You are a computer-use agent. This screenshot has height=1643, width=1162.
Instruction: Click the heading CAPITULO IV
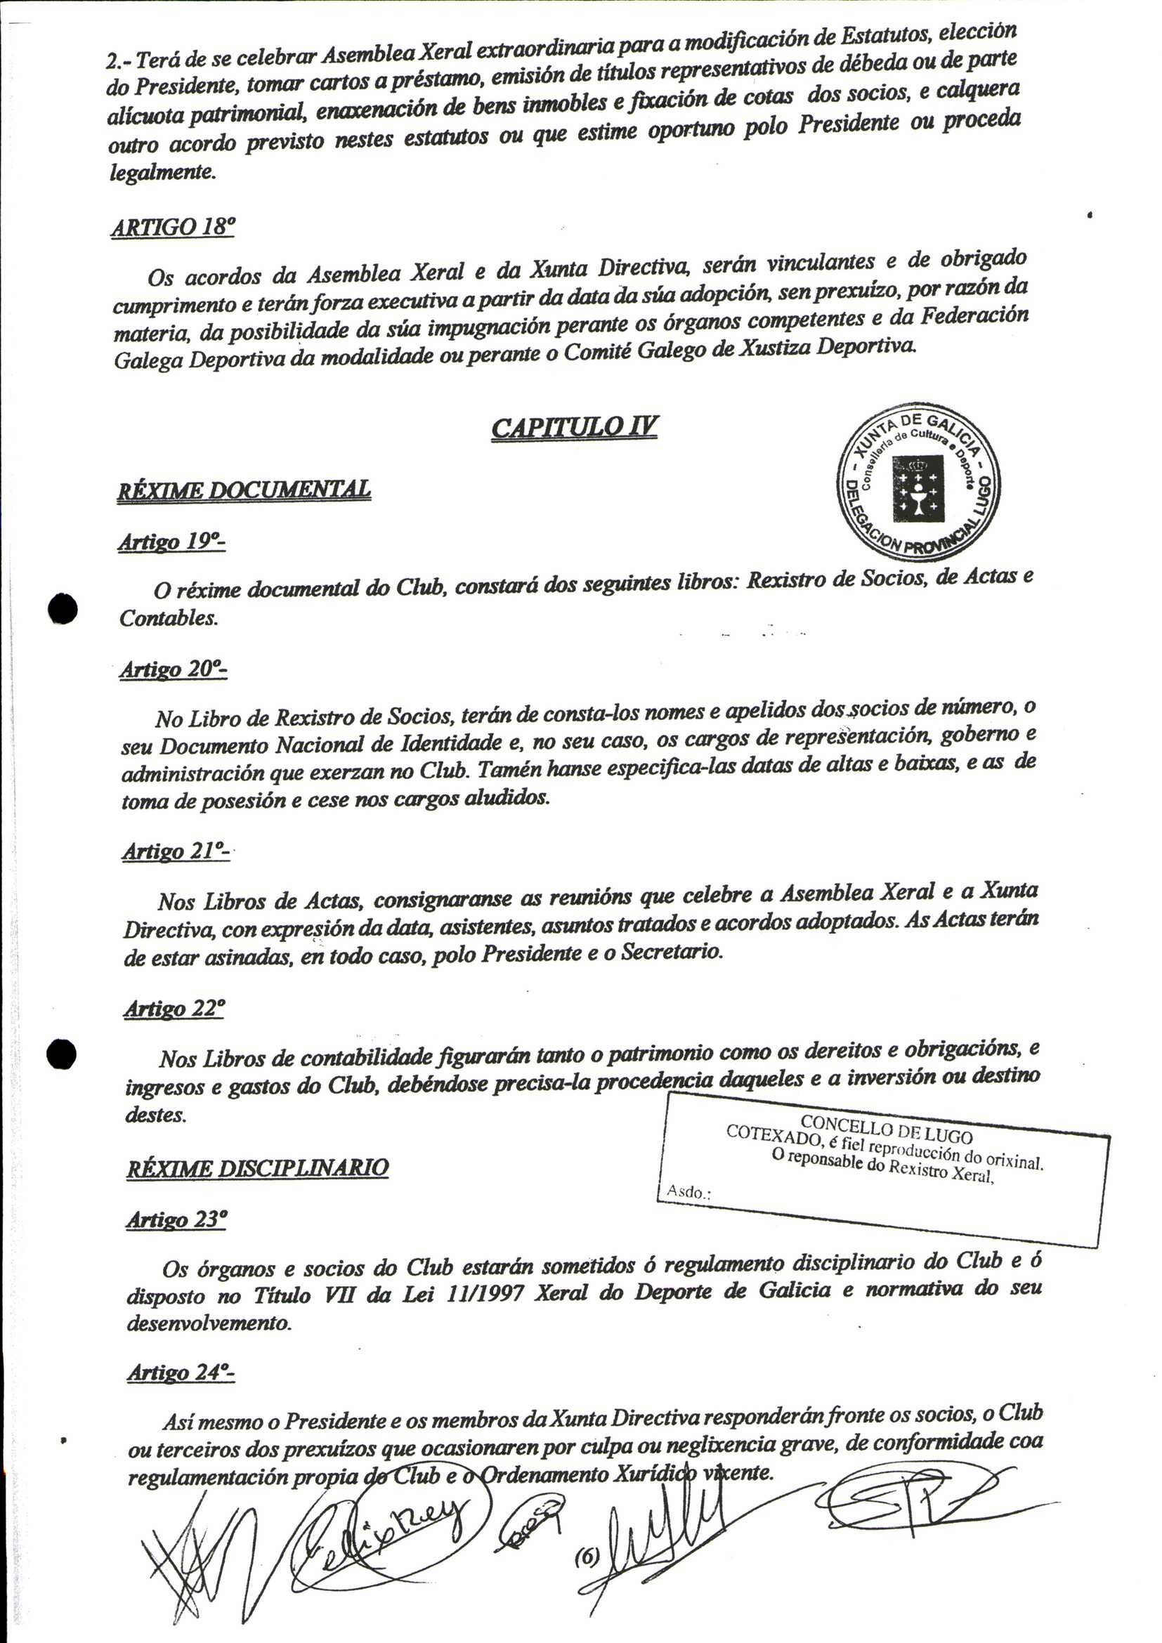[x=574, y=427]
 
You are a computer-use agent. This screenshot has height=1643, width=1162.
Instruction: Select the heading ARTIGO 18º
[x=172, y=227]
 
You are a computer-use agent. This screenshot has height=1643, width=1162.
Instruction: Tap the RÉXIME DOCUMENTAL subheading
[x=244, y=490]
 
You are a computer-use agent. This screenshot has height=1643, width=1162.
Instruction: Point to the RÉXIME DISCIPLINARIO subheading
[x=258, y=1168]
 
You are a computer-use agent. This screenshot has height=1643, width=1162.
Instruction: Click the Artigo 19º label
[x=171, y=542]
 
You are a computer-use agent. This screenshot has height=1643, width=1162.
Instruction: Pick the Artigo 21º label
[x=176, y=851]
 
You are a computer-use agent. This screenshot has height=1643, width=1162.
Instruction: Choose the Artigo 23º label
[x=176, y=1219]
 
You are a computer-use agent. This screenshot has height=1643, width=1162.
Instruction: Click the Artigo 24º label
[x=181, y=1373]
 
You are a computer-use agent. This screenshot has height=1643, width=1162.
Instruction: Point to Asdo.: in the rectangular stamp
[x=688, y=1191]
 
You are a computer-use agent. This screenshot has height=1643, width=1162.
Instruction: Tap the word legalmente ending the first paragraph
[x=162, y=173]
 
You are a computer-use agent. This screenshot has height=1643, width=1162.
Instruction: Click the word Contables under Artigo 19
[x=168, y=618]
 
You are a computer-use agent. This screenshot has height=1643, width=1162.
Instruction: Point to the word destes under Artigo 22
[x=155, y=1115]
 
